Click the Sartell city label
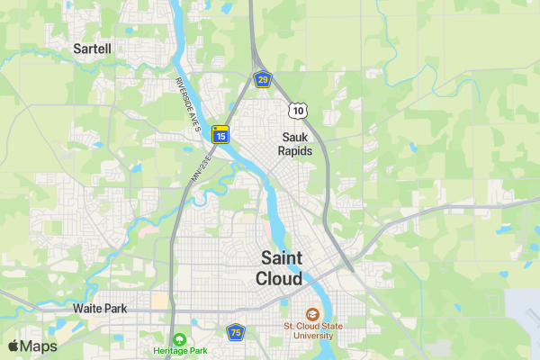(x=93, y=49)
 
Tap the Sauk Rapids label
(x=295, y=144)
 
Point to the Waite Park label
(x=100, y=309)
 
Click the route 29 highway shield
(x=262, y=80)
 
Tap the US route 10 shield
(x=298, y=110)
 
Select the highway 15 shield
(x=220, y=135)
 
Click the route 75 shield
(x=236, y=332)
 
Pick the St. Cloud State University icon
(x=312, y=314)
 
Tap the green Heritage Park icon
(x=180, y=339)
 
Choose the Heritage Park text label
(x=180, y=350)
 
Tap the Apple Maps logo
(x=32, y=346)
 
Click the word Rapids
(x=295, y=151)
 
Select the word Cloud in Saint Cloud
(x=279, y=279)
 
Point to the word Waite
(x=87, y=309)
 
